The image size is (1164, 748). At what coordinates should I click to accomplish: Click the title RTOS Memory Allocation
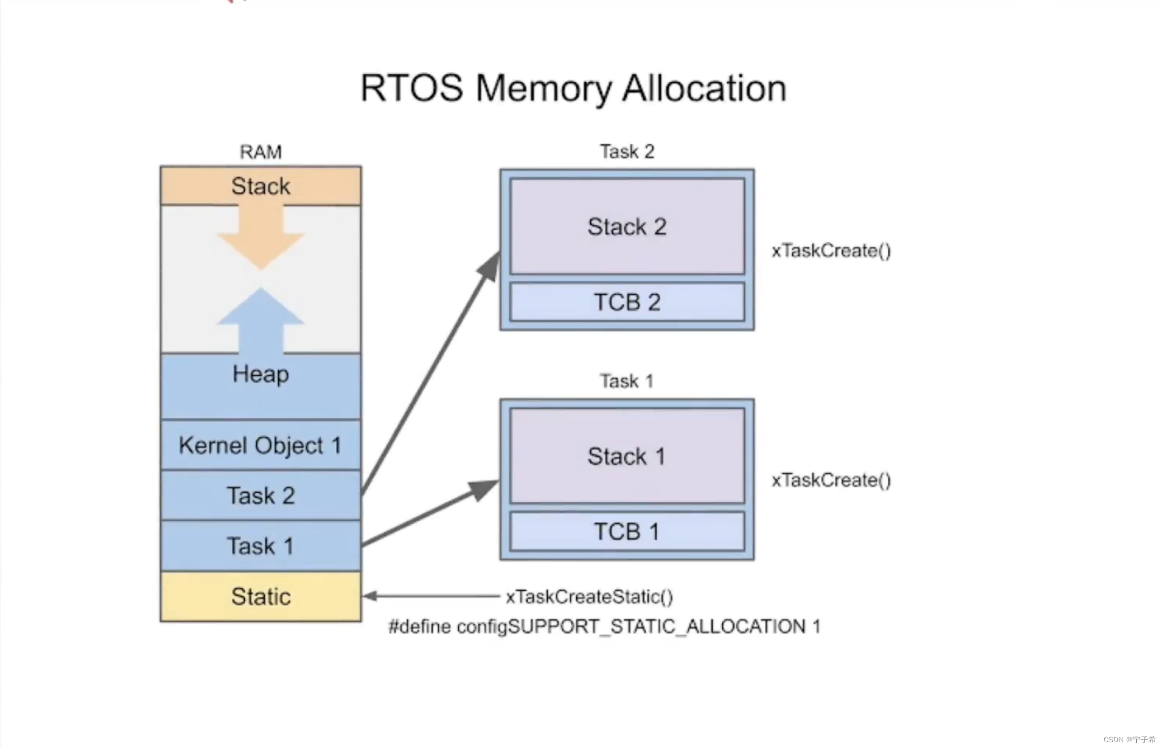click(x=573, y=88)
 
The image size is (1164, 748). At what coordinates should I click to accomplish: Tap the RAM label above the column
click(x=260, y=152)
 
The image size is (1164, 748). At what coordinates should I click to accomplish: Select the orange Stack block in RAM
click(x=260, y=186)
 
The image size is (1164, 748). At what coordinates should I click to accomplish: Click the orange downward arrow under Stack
click(x=261, y=238)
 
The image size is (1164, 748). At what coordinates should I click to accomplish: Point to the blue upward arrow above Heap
click(x=261, y=320)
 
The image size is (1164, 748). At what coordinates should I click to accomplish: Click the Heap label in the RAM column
click(x=260, y=374)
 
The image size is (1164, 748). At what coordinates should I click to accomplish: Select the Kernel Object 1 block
click(x=260, y=445)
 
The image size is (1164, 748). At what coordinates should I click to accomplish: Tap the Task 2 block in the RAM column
click(x=260, y=496)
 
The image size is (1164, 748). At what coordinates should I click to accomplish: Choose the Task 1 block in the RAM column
click(x=260, y=546)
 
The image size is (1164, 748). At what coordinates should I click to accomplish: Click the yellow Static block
click(x=260, y=597)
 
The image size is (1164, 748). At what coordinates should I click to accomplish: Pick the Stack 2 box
click(x=627, y=227)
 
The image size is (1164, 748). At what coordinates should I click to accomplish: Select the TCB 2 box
click(x=627, y=302)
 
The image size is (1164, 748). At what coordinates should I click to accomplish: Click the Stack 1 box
click(x=627, y=456)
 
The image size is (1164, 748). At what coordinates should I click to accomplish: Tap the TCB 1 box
click(x=627, y=532)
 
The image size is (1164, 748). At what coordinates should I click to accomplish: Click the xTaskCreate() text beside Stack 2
click(x=831, y=251)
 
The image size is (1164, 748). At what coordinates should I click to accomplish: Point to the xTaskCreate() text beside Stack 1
click(x=831, y=480)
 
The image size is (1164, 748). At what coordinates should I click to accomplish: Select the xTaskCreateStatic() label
click(x=589, y=597)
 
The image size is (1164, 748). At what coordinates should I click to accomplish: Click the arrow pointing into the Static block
click(x=430, y=596)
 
